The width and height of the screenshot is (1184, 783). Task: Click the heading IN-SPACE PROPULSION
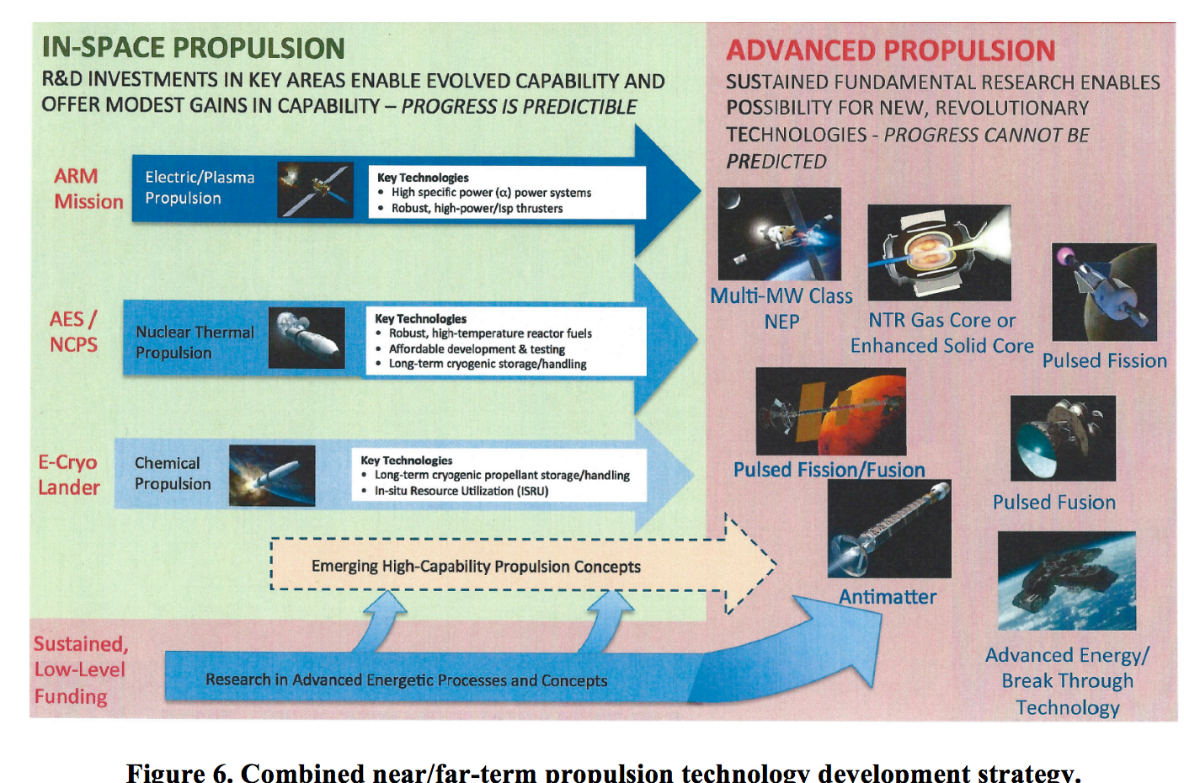coord(193,48)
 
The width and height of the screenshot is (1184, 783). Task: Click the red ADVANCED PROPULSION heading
coord(890,51)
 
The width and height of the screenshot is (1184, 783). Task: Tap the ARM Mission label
coord(88,189)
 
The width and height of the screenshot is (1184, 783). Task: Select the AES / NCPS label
coord(73,332)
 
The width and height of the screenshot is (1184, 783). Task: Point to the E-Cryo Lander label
coord(68,475)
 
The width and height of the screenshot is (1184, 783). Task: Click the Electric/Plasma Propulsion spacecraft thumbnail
coord(315,189)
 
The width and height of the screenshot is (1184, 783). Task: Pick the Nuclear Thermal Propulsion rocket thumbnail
coord(307,338)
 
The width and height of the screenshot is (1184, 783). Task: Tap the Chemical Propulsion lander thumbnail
coord(272,476)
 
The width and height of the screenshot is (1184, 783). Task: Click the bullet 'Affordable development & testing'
coord(476,349)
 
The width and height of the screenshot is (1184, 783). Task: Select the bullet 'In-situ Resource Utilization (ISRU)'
coord(461,491)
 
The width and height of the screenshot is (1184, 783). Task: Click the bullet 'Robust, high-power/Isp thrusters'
coord(476,208)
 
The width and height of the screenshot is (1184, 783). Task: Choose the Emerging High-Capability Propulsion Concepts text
coord(476,567)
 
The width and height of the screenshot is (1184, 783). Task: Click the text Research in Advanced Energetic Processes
coord(406,680)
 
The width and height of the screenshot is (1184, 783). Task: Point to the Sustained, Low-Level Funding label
coord(80,670)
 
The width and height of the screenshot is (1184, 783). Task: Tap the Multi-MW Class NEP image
coord(779,234)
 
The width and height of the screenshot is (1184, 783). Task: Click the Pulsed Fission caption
coord(1104,361)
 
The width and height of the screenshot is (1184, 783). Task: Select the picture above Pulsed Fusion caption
coord(1063,438)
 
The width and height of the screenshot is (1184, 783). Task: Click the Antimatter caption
coord(888,597)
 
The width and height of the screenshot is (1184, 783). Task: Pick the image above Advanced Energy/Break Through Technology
coord(1066,580)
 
